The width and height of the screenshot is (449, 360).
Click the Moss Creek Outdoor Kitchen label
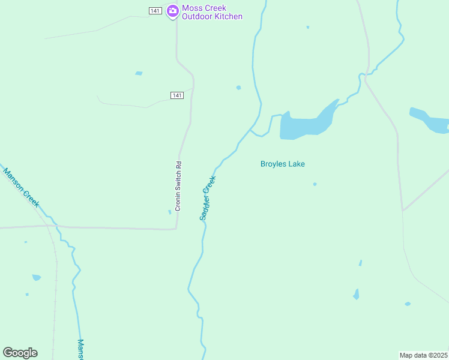[x=212, y=13]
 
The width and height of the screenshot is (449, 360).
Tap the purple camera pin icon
[x=173, y=11]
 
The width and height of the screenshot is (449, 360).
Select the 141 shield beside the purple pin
[x=155, y=11]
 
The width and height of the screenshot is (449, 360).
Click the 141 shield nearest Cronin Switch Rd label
[x=176, y=95]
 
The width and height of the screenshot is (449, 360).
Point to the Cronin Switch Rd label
[x=178, y=186]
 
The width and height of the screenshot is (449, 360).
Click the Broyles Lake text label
[x=287, y=164]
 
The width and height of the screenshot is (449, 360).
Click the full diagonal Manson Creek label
[x=21, y=188]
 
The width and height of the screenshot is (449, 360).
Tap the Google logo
[x=20, y=353]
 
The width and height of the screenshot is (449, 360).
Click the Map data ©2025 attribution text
[x=423, y=355]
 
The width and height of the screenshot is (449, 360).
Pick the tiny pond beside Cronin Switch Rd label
[x=169, y=211]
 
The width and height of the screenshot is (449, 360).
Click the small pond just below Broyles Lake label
[x=315, y=184]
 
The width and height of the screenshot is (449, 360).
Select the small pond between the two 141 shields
[x=139, y=73]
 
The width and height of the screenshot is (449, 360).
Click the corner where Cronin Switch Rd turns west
[x=176, y=228]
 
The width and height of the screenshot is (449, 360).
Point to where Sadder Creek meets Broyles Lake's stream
[x=251, y=129]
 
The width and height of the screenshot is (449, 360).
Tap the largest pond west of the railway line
[x=37, y=277]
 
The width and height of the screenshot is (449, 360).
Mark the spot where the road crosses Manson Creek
[x=56, y=227]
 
